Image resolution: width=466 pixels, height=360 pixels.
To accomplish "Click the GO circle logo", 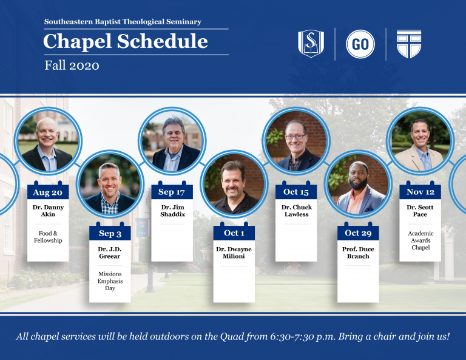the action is point(360,44).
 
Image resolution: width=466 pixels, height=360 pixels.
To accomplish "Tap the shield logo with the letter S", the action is point(311,43).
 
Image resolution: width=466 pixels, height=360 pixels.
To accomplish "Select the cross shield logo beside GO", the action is point(409,43).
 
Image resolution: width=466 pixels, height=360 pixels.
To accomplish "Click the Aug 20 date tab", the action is point(48,192).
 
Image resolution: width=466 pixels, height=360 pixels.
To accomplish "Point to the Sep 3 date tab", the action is point(110,233).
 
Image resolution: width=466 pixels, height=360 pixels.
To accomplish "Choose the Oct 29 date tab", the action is point(358,233).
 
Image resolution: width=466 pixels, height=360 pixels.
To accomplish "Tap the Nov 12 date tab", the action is point(420,192).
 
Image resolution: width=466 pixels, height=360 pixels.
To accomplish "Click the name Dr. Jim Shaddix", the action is point(173,211).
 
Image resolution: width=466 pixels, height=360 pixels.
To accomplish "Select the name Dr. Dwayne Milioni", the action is point(234,253).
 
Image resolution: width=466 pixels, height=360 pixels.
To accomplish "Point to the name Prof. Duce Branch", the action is point(358,253).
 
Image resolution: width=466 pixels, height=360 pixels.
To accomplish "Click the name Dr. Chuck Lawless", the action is point(297,211).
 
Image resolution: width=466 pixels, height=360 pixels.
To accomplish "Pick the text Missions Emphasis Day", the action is point(110,281).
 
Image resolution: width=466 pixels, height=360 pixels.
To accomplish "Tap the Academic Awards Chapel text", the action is point(420,240).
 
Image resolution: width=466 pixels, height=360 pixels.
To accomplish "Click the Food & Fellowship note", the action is point(48,237).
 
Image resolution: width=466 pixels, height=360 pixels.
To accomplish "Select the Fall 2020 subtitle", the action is point(72,66).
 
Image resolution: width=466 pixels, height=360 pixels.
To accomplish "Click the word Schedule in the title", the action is point(162,41).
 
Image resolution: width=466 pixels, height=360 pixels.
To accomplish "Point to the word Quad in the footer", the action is point(231,336).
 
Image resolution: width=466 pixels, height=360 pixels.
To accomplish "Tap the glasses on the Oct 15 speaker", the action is point(295,137).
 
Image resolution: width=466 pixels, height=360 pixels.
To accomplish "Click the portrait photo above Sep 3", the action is point(110,184).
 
